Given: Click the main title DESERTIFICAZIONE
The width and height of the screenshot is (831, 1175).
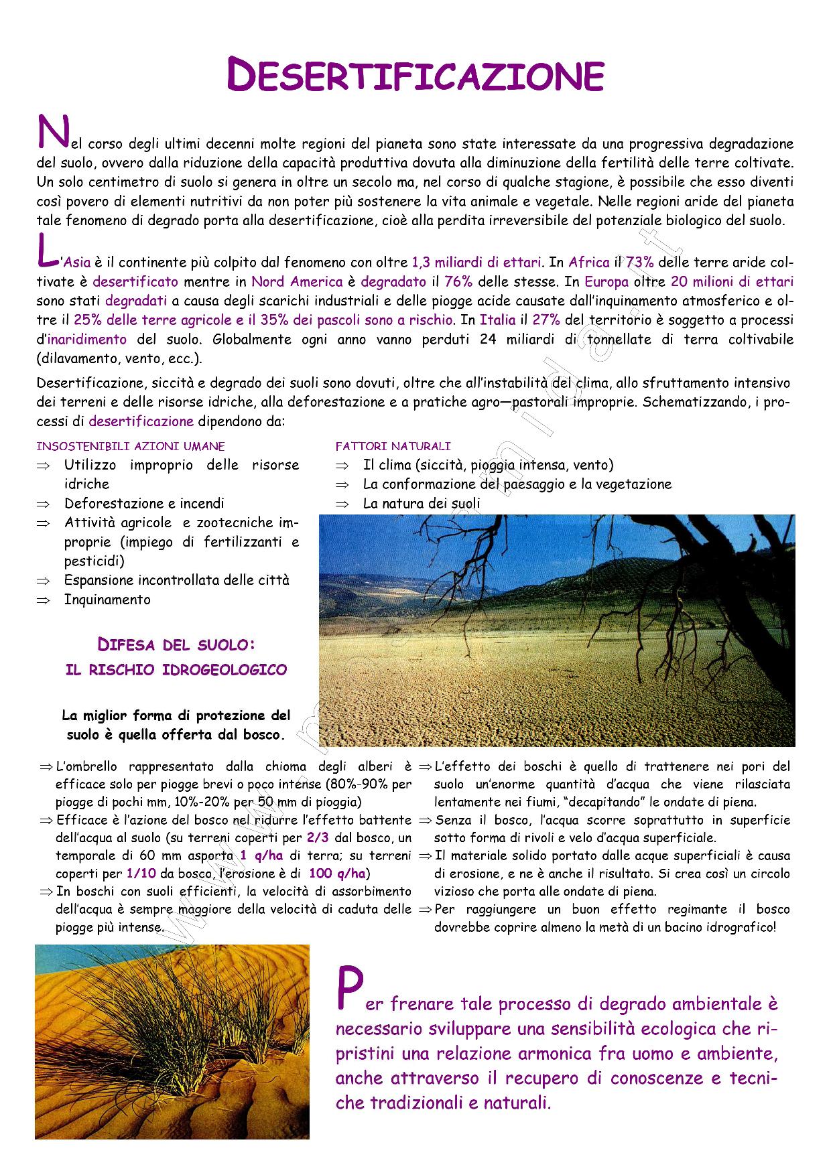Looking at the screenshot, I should click(415, 75).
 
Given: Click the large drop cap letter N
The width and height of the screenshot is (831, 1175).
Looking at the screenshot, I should click(51, 132).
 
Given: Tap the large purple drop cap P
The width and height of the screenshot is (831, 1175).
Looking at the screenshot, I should click(349, 989).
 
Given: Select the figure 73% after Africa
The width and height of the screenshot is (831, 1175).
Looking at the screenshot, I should click(639, 263).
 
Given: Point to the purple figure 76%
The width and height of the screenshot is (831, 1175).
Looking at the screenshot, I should click(458, 282).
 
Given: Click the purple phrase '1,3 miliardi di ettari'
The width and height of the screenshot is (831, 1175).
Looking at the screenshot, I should click(476, 263).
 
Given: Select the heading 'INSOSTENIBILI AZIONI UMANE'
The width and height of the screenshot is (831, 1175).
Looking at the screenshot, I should click(131, 446).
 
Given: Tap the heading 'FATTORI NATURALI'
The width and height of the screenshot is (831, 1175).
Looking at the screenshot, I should click(393, 446).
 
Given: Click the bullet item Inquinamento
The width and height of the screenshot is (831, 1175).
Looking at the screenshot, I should click(107, 600).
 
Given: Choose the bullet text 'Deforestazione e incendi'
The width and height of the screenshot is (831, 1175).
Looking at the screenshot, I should click(144, 503).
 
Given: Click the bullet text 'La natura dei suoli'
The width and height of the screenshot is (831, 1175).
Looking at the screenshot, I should click(422, 503).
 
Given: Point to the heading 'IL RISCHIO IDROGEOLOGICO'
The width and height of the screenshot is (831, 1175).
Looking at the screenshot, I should click(176, 670).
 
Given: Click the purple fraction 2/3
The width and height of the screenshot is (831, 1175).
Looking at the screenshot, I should click(317, 838).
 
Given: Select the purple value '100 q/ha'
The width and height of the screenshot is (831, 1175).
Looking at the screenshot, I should click(337, 874).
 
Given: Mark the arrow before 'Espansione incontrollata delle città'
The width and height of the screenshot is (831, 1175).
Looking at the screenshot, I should click(44, 581).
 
